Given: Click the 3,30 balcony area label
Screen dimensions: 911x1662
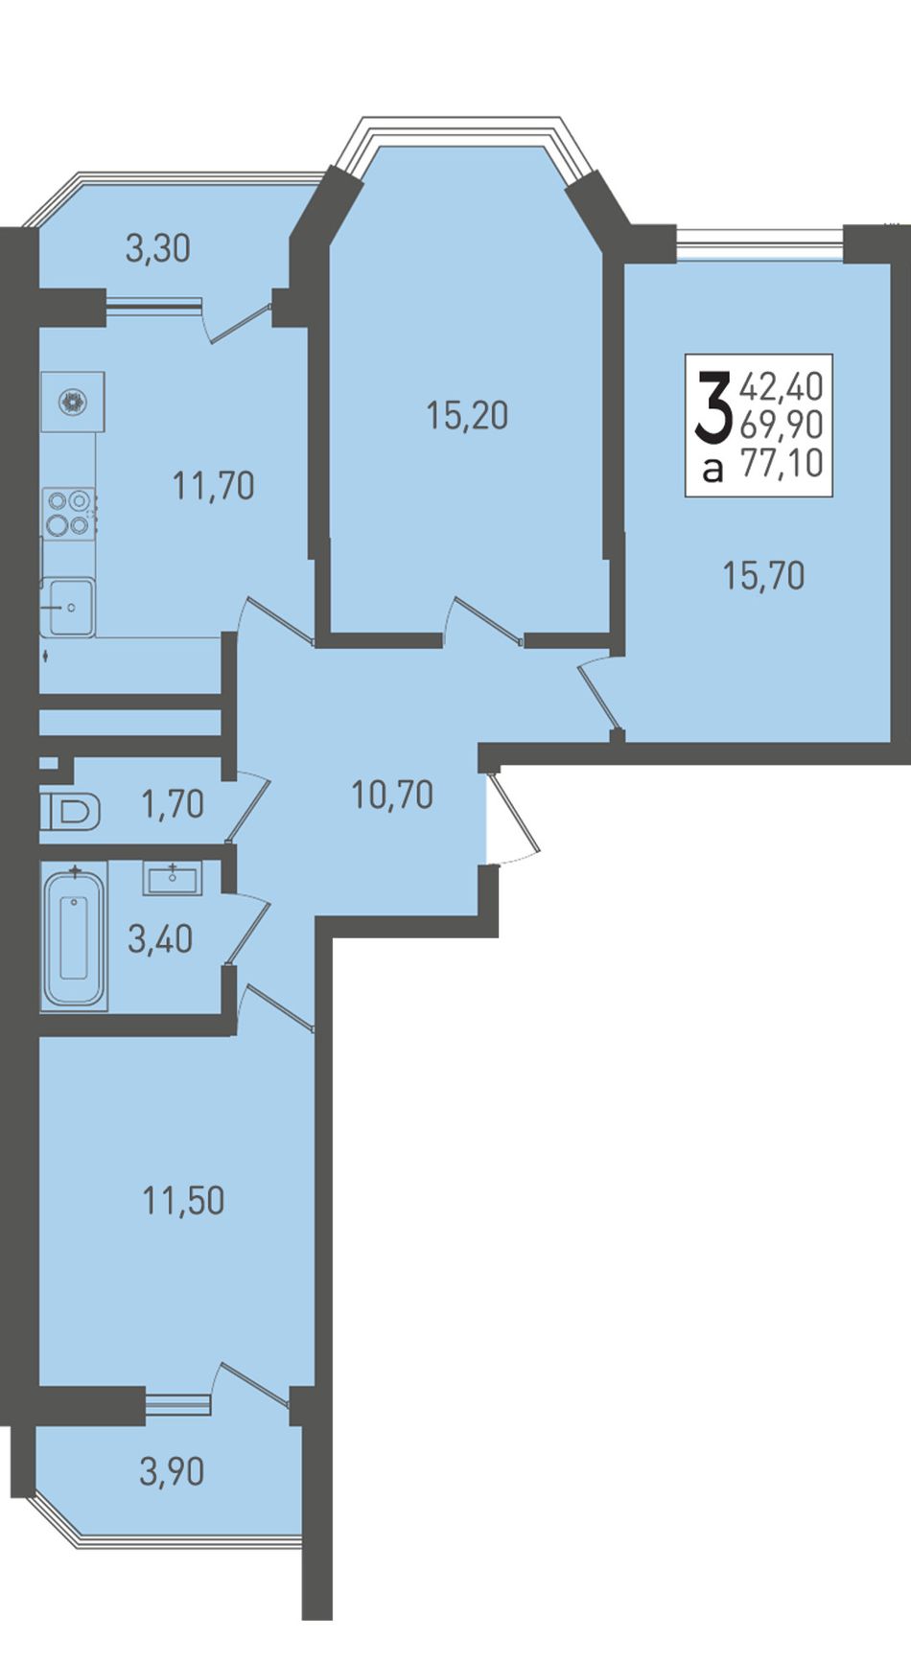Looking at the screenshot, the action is pos(158,249).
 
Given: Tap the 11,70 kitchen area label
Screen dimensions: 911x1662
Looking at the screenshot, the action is pos(214,486).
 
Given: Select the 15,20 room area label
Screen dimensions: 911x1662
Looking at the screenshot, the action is pos(467,416).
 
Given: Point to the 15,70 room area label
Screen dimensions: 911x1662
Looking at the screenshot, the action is pos(763,576).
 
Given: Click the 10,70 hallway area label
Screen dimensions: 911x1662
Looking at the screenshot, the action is pos(392,795).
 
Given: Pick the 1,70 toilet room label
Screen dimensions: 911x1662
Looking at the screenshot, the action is pos(173,804).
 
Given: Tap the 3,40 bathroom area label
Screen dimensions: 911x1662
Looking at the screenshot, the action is pos(160,938).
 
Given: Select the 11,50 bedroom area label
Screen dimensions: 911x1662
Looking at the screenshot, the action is pos(183,1200).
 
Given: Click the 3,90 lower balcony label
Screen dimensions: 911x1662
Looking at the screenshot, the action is pos(172,1471).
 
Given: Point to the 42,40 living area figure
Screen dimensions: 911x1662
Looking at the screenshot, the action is pos(782,387).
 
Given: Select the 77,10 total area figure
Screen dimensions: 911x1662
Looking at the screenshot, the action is pos(783,464).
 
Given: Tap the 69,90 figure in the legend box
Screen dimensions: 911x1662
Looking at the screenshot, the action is pos(782,426).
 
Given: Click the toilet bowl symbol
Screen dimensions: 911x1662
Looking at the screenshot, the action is pos(71,813).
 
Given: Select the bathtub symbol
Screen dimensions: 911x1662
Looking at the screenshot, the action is pos(74,935).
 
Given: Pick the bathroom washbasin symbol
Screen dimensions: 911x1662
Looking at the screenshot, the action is pos(173,878).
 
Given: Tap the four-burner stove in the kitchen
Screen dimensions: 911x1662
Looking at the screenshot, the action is pos(68,513).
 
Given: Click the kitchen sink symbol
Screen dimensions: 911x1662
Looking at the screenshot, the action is pos(67,607).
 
